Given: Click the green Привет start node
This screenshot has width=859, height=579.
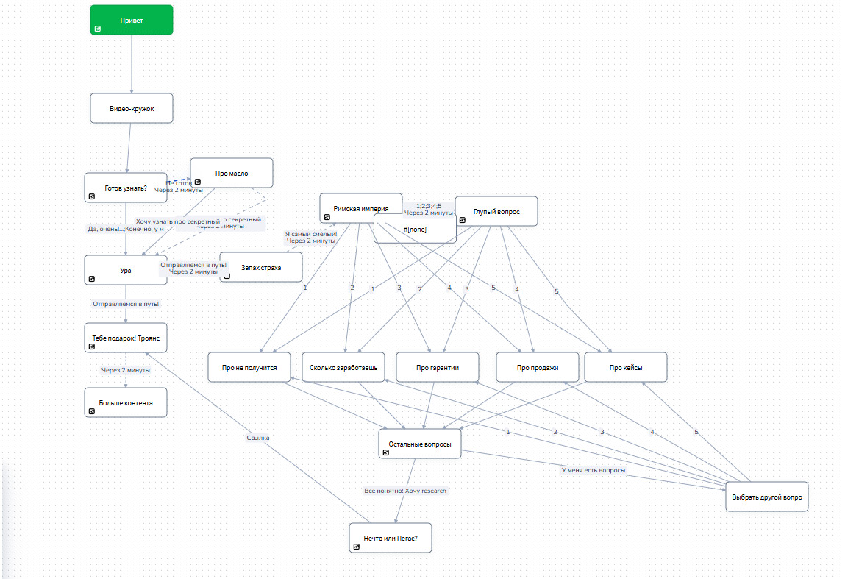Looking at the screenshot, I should [132, 20].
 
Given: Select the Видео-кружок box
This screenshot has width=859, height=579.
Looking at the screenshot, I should [132, 108].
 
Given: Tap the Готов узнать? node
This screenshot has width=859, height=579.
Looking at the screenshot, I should [125, 188].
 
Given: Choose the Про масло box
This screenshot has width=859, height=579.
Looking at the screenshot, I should [232, 174].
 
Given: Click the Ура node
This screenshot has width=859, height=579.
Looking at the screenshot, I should [125, 270].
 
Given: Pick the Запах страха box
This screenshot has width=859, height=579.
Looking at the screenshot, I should [261, 268].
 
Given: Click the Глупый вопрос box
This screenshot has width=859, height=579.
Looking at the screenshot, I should [496, 211].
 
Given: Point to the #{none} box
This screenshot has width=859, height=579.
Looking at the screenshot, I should [415, 230].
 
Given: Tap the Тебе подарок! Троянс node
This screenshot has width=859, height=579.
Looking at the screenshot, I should [125, 338].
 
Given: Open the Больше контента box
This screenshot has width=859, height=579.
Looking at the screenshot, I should [125, 402].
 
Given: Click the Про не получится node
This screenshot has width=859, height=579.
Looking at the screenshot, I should [249, 367].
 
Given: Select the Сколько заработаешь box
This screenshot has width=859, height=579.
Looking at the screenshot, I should [343, 367].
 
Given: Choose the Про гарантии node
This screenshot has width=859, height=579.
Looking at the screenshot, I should [438, 367].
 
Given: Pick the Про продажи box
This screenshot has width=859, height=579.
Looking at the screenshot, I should [538, 367].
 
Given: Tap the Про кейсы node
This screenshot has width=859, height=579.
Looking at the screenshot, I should [626, 367].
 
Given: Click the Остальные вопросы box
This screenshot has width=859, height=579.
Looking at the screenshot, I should [420, 444].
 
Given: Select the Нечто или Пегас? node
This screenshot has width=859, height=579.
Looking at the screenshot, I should [391, 538].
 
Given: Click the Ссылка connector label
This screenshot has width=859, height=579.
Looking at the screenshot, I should [258, 438].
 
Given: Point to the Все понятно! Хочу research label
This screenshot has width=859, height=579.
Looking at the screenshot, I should [405, 491].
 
